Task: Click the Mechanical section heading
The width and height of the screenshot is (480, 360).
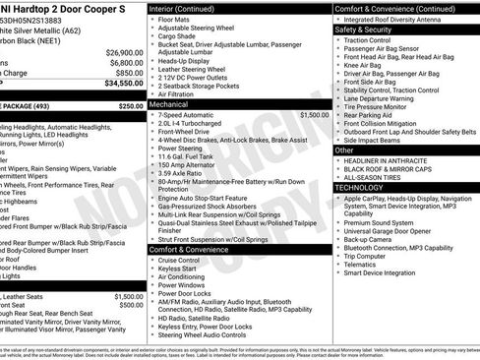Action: pos(168,102)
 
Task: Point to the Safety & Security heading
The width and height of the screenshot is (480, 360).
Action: pos(364,30)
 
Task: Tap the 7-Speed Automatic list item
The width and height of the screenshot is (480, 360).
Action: pos(190,115)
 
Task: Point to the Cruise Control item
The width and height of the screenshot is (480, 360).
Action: pos(182,260)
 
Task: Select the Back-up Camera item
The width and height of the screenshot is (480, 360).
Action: pos(369,239)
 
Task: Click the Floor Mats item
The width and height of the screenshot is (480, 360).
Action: pos(176,19)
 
